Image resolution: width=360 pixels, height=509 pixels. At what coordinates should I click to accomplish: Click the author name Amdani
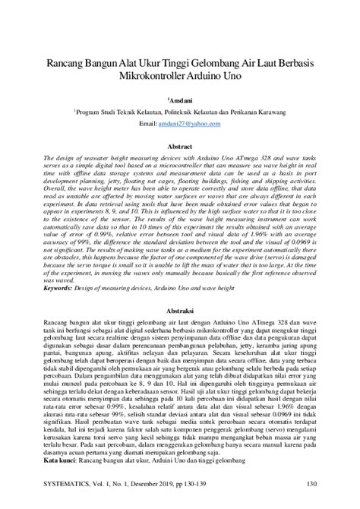click(181, 99)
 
